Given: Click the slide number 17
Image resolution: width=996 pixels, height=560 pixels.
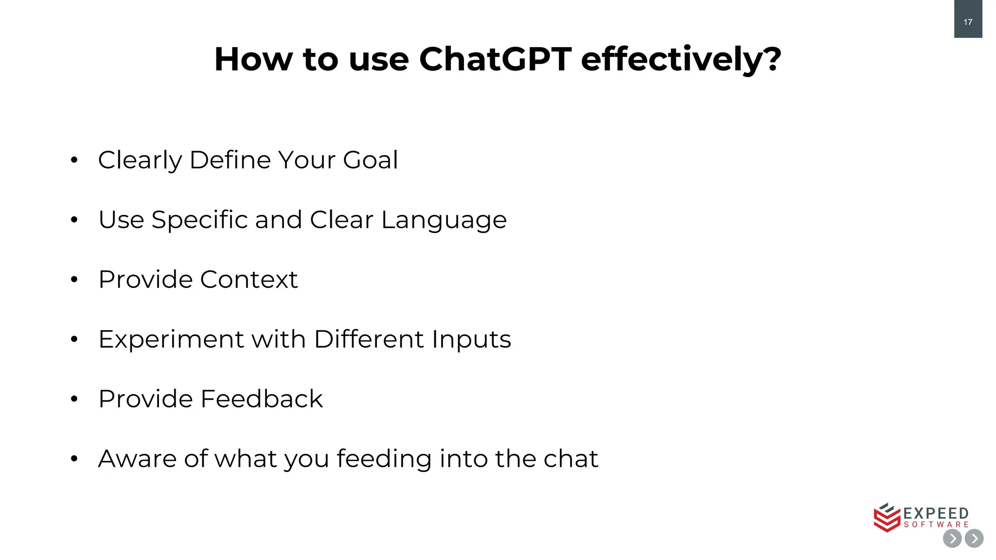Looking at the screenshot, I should [968, 22].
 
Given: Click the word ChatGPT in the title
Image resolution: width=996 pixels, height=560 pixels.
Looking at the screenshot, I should [495, 59].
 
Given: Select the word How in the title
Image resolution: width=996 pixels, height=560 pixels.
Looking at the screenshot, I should [253, 59].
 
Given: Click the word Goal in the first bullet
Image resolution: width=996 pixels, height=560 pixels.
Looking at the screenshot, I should [370, 160].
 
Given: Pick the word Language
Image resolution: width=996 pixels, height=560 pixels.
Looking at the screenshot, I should [444, 220].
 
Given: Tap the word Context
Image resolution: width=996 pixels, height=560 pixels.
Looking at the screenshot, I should [249, 280].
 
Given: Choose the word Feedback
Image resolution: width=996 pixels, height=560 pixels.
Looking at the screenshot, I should [261, 399].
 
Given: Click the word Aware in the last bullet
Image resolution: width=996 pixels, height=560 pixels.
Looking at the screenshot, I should [137, 459].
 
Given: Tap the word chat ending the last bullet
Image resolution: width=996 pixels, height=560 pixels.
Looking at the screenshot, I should [570, 459].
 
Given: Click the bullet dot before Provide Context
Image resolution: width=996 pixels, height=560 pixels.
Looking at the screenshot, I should [74, 280].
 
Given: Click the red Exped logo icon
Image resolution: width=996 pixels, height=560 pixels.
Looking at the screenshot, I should [887, 518].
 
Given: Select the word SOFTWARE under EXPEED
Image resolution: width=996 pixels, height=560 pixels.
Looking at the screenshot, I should [936, 525].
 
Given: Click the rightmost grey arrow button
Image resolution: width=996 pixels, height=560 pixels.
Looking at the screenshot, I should [974, 539].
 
